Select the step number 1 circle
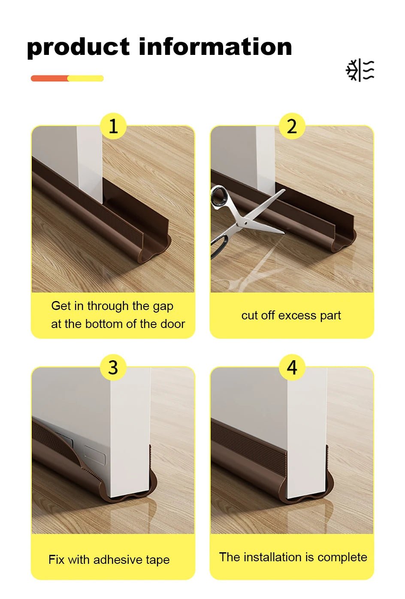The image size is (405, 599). [x=113, y=126]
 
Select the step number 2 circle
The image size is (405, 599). [x=292, y=126]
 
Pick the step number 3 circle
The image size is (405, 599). [x=113, y=367]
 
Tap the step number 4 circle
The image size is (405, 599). [x=292, y=367]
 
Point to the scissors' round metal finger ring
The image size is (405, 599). [x=220, y=196]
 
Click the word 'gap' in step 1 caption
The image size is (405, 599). [x=163, y=307]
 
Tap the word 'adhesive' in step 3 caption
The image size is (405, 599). [x=118, y=560]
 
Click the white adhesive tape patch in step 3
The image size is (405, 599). [x=94, y=455]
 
